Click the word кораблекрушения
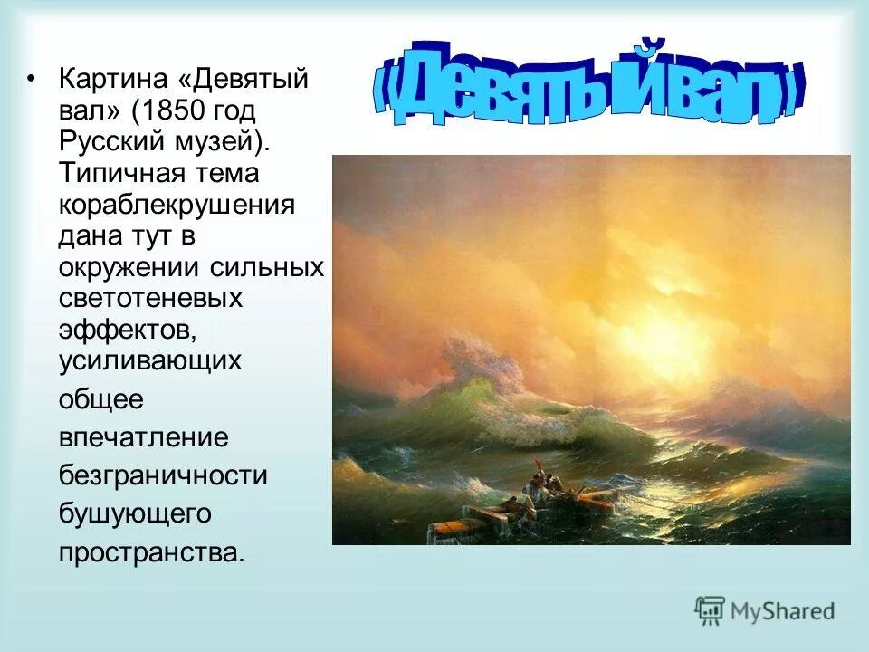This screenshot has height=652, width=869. [x=177, y=204]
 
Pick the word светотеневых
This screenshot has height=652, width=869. [x=150, y=298]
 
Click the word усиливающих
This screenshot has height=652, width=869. [x=149, y=360]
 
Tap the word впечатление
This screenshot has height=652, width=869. [x=143, y=437]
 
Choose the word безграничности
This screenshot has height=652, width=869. [x=163, y=475]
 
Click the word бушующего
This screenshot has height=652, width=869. [x=134, y=513]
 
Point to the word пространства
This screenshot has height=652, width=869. [x=151, y=551]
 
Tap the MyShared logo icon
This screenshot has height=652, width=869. [x=711, y=611]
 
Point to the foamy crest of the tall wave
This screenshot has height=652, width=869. [x=480, y=362]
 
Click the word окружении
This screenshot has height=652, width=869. [x=121, y=267]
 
